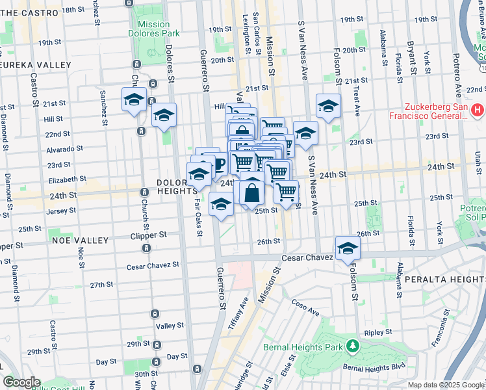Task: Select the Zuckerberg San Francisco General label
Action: [x=422, y=111]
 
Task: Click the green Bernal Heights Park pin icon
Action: [x=353, y=346]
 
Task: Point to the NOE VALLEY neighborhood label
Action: [x=82, y=240]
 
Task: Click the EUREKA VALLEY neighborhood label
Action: [x=35, y=65]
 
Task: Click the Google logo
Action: [x=21, y=382]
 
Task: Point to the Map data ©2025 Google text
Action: [x=446, y=385]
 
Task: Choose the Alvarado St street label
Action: [x=53, y=148]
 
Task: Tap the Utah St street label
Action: [x=478, y=160]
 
